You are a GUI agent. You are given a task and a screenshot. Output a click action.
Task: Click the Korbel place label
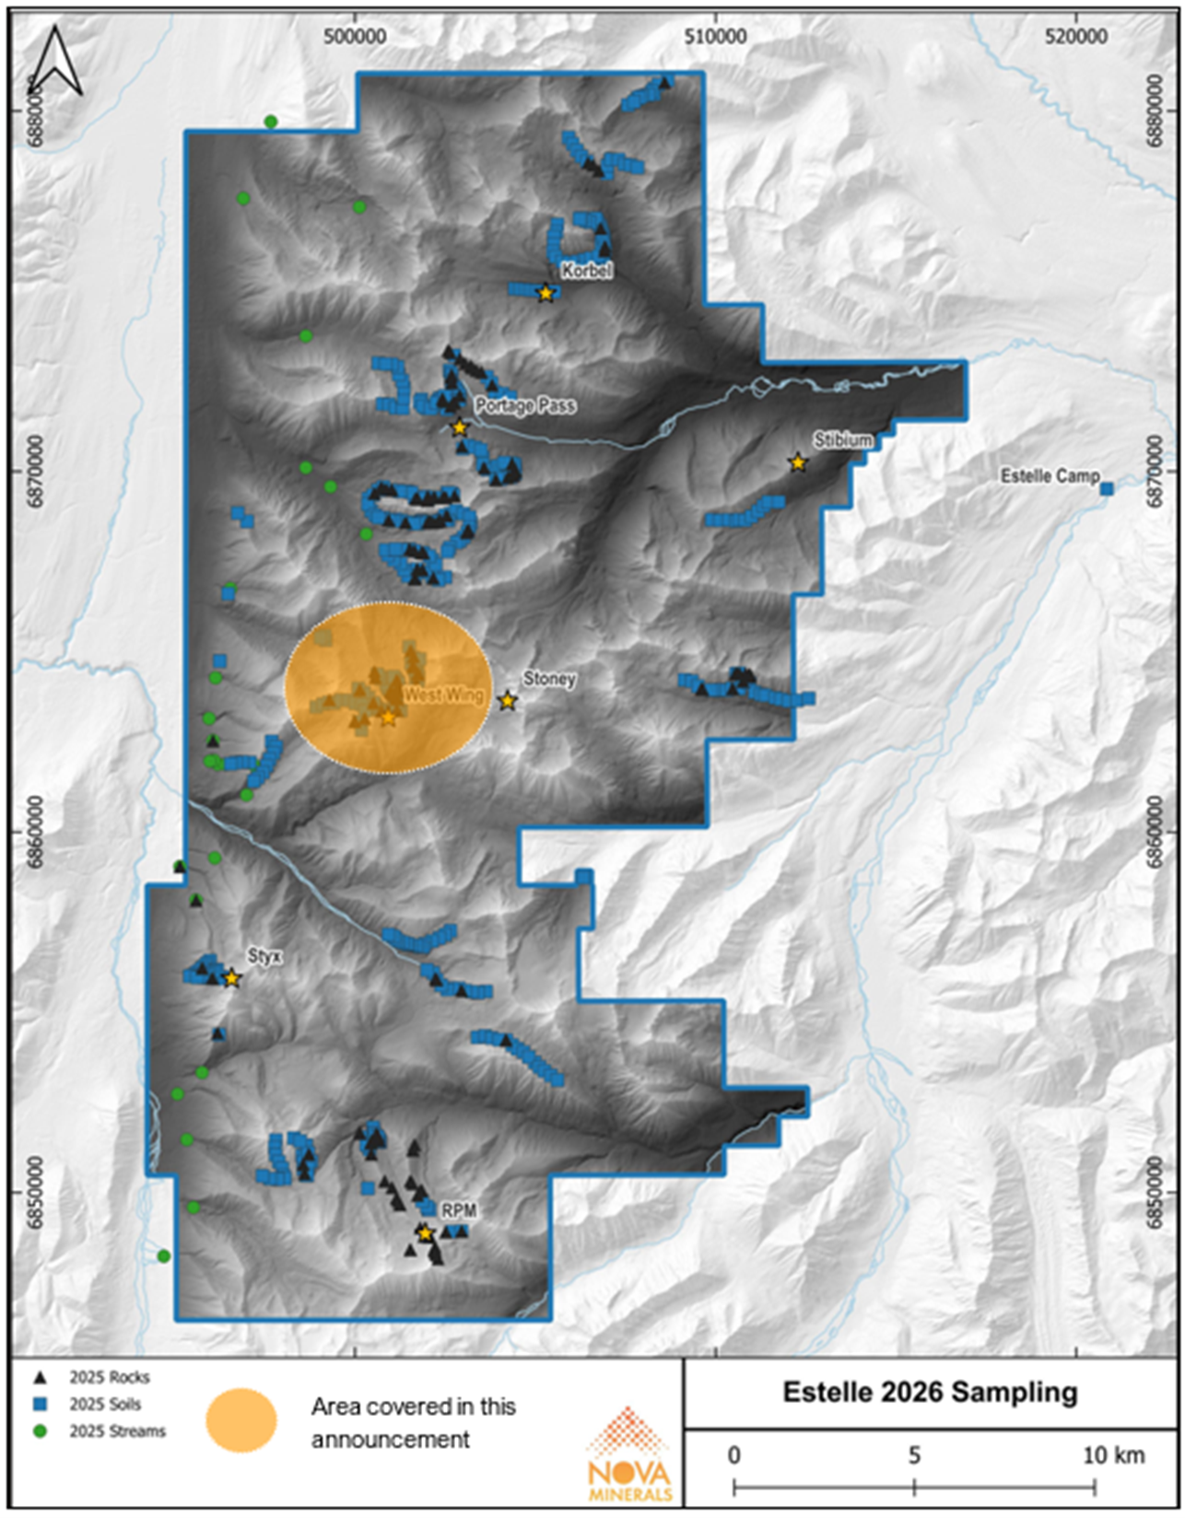(586, 271)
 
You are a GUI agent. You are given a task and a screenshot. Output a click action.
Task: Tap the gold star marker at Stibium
(798, 462)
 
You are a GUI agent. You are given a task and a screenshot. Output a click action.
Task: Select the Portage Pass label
(525, 405)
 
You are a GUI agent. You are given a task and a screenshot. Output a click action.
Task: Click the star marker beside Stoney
(507, 701)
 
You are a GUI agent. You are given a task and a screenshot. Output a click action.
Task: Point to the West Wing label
(443, 695)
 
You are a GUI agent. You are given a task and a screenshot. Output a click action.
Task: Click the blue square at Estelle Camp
(1107, 488)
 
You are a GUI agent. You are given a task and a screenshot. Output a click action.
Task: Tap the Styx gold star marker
(231, 978)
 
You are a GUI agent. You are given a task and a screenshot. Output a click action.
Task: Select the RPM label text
(458, 1210)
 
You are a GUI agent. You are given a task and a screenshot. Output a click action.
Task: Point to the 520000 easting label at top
(1077, 36)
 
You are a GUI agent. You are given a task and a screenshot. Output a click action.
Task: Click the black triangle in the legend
(40, 1378)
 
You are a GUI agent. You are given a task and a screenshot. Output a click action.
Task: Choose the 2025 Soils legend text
(106, 1405)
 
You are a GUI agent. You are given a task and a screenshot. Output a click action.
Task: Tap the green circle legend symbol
(40, 1431)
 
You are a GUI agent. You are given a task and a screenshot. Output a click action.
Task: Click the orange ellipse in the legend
(241, 1419)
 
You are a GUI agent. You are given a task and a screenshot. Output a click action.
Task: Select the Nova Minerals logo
(629, 1455)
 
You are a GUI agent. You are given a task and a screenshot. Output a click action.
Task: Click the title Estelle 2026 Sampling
(930, 1392)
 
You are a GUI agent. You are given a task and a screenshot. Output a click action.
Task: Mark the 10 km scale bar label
(1113, 1455)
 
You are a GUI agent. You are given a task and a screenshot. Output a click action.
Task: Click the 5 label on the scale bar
(914, 1455)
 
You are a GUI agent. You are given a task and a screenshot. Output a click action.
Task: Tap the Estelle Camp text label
(1050, 476)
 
